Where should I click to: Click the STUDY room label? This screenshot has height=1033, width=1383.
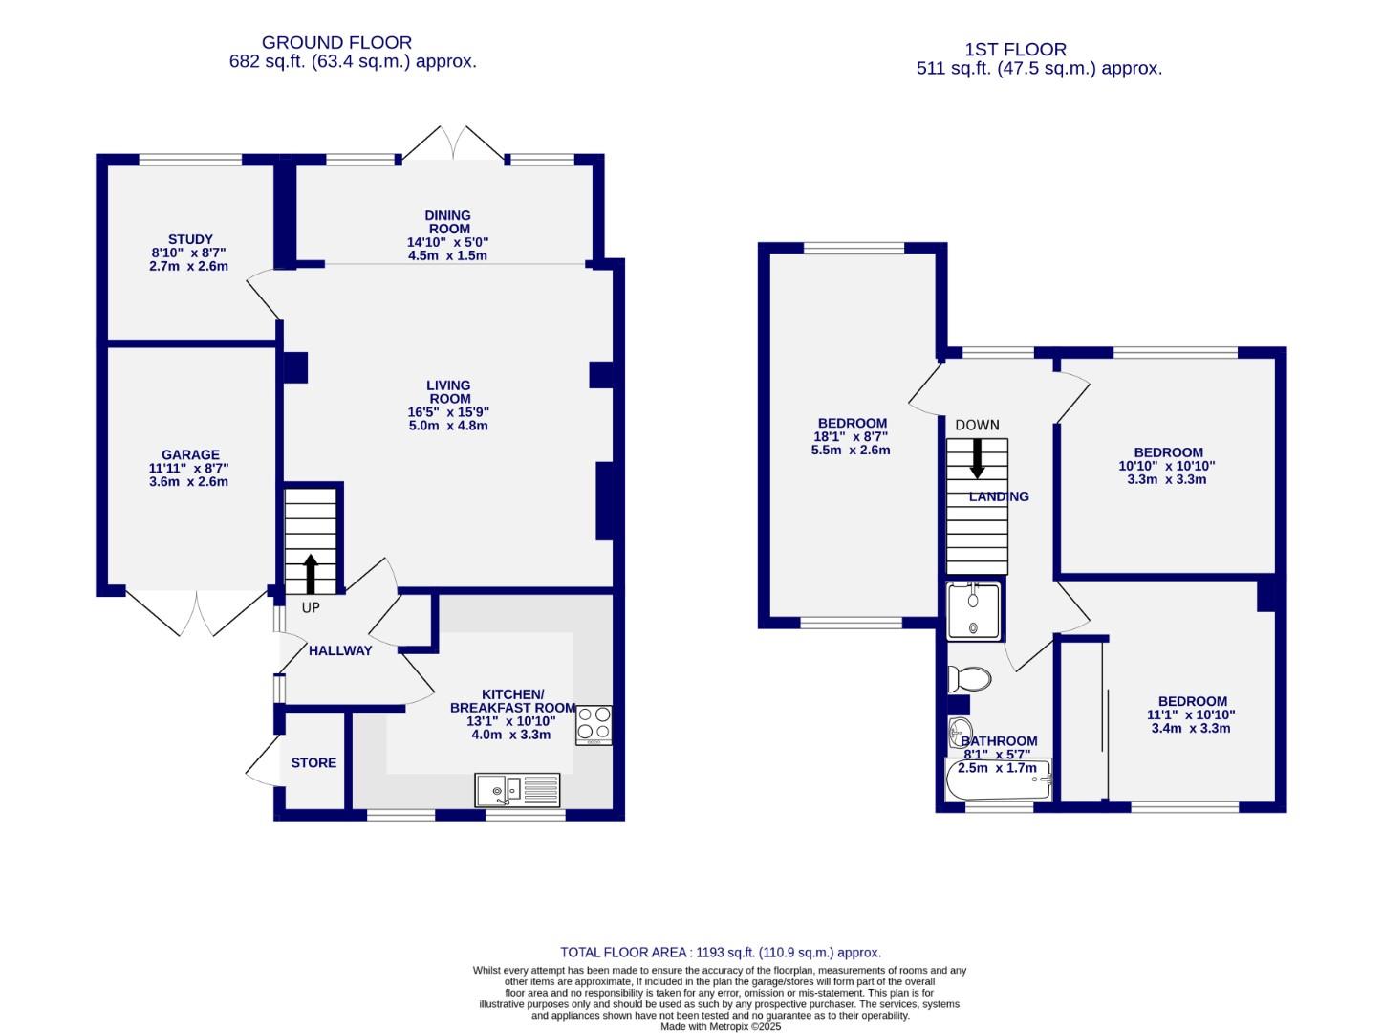point(189,239)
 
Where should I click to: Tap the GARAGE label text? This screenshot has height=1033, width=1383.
point(189,455)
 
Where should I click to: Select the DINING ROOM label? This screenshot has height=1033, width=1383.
point(448,222)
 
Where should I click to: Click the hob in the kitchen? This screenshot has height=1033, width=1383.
point(594,725)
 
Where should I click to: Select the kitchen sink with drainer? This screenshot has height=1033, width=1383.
point(517,789)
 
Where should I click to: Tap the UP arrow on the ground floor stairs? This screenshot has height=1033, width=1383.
point(311,574)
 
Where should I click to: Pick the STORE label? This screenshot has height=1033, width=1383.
point(313,762)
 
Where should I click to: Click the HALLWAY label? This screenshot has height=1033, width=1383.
point(340,650)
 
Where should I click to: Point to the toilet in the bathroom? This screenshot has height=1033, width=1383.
point(969,679)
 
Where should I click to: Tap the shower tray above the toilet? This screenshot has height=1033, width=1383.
point(974,610)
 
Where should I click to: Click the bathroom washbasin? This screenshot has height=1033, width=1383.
point(959,734)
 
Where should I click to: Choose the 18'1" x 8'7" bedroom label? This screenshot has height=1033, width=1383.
point(852,436)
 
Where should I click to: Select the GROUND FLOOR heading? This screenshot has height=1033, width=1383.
point(336,43)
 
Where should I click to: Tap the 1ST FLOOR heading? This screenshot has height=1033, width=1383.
point(1015,50)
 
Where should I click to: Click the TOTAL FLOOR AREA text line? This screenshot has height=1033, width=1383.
point(721,952)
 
